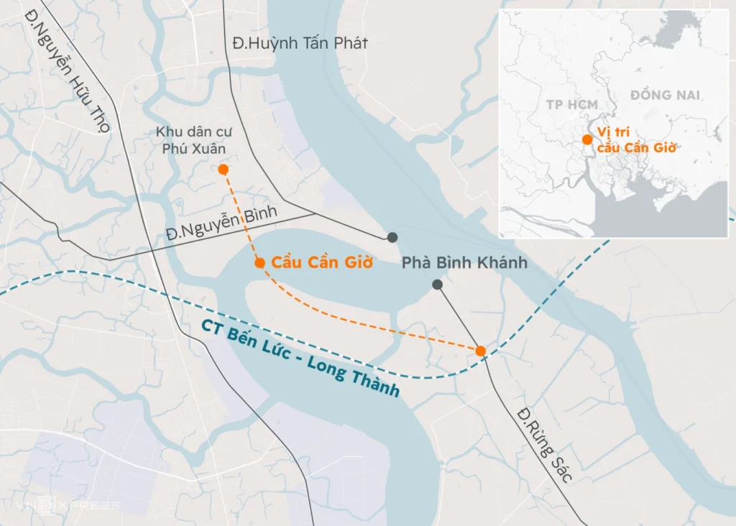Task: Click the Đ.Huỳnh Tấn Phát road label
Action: coord(300,44)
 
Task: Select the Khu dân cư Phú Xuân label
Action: coord(191,140)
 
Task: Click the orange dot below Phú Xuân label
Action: coord(224,170)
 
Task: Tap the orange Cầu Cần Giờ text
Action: coord(322,263)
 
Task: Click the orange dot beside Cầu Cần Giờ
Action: coord(259,263)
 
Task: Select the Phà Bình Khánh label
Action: coord(464,263)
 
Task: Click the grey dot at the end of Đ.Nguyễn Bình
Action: coord(392,237)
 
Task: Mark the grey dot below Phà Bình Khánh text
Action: coord(437,285)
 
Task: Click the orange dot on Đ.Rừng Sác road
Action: coord(481,351)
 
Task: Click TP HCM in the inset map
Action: coord(571,105)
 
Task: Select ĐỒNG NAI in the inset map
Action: coord(665,95)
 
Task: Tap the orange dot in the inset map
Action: coord(587,139)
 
